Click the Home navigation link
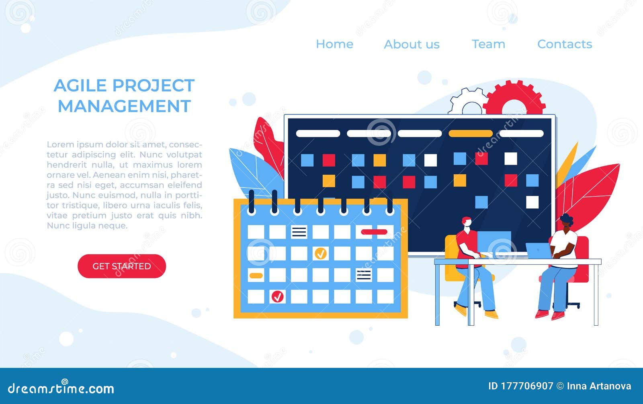[x=334, y=44]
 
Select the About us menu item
[x=412, y=44]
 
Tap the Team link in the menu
[x=488, y=44]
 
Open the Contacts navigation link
[x=565, y=44]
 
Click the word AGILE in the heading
[x=80, y=86]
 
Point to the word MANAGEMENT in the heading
[x=124, y=106]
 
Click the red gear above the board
[x=514, y=99]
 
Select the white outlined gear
[x=467, y=102]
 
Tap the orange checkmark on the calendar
[x=320, y=253]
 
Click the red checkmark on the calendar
[x=277, y=297]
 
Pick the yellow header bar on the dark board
[x=470, y=133]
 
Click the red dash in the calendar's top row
[x=374, y=232]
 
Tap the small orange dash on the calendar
[x=256, y=275]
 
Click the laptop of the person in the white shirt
[x=539, y=251]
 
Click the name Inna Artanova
[x=599, y=386]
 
